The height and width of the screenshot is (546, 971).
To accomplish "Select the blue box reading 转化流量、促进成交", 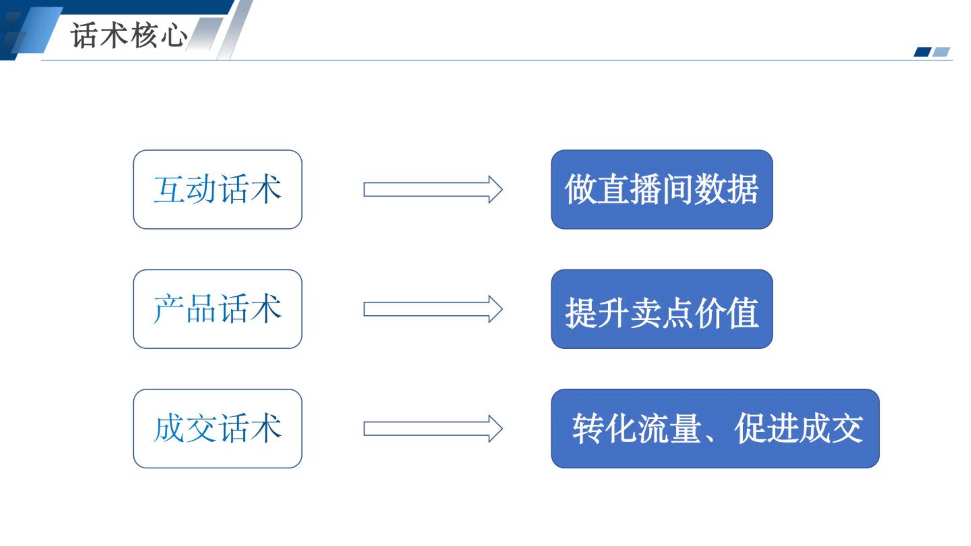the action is (715, 429).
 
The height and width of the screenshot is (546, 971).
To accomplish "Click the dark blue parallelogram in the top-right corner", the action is (922, 52).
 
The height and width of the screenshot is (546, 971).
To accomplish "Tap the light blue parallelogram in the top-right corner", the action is (941, 52).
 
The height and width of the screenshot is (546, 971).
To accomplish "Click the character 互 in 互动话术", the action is (169, 189).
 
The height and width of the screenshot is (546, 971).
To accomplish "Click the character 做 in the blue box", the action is (580, 189).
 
